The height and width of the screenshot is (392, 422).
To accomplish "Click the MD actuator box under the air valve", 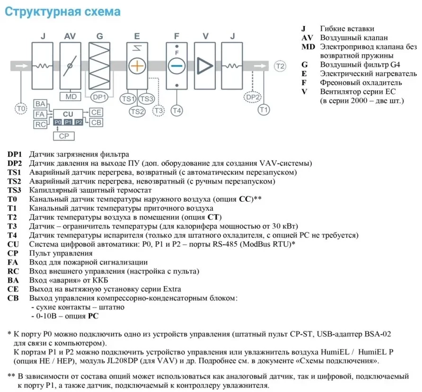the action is [x=70, y=97].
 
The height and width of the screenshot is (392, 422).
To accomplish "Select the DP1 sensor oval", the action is [x=99, y=97].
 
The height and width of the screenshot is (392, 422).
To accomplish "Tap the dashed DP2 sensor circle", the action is [x=253, y=97].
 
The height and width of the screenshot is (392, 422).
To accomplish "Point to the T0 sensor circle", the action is [x=21, y=108].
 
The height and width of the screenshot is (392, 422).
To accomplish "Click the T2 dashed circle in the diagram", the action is [x=280, y=66].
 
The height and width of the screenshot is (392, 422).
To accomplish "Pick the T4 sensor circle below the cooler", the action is [x=176, y=110].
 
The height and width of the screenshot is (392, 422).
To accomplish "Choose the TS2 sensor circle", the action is [x=137, y=111].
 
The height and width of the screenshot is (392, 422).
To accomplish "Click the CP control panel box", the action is [x=64, y=136].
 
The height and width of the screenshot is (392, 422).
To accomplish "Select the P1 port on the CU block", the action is [x=68, y=122].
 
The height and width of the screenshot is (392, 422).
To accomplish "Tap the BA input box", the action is [x=40, y=104].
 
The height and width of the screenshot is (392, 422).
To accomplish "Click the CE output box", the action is [x=96, y=112].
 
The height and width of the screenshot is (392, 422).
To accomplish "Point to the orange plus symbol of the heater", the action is [x=137, y=66].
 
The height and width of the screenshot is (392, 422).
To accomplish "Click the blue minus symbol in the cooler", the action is [x=176, y=66].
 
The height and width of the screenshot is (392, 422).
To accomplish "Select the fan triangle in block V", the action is [x=204, y=66].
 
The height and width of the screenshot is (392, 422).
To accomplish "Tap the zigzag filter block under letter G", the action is [x=99, y=66].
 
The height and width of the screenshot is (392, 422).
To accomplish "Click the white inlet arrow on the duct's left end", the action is [x=22, y=66].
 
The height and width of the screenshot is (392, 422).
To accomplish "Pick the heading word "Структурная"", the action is [x=42, y=12].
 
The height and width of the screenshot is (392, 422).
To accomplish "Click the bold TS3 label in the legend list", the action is [x=14, y=190].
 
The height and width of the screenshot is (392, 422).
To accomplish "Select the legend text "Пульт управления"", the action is [x=61, y=253].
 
